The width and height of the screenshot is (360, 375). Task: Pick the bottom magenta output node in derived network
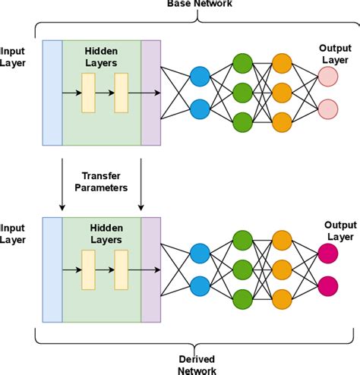(328, 286)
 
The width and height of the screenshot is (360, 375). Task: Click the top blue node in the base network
(201, 77)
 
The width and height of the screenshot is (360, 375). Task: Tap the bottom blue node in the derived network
(201, 285)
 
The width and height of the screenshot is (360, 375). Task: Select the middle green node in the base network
(242, 93)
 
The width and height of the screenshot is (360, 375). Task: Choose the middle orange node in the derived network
(282, 269)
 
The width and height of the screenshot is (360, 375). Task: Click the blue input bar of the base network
(53, 92)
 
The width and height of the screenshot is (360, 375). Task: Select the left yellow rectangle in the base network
(89, 93)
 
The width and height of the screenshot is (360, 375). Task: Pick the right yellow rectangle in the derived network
(122, 269)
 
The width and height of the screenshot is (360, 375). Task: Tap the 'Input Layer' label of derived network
(14, 232)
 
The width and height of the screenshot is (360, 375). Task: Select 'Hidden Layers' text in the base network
(102, 54)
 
